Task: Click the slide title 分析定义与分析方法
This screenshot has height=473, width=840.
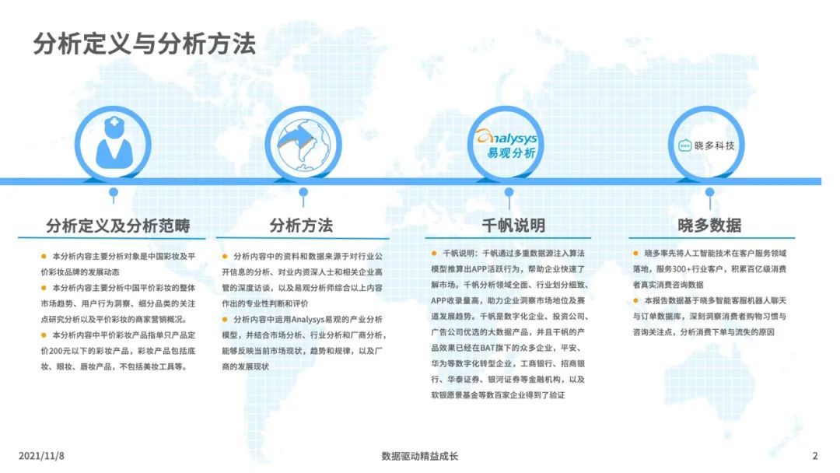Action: point(144,44)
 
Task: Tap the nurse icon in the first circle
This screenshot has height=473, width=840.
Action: point(114,142)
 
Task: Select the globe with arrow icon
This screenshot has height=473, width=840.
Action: point(303,145)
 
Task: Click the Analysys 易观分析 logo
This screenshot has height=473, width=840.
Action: point(506,145)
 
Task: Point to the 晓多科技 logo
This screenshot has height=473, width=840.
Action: point(706,145)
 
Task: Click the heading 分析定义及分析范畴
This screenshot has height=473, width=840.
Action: point(118,226)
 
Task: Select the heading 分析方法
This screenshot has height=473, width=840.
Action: point(301,226)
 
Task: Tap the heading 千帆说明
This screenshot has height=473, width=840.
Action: point(513,226)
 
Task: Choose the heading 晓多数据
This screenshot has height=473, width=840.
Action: point(709,226)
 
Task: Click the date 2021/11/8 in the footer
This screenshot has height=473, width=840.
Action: point(41,456)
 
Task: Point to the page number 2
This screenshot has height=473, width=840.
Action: point(815,456)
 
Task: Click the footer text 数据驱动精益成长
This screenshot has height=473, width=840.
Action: point(420,457)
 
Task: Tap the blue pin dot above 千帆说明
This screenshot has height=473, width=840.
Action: point(509,192)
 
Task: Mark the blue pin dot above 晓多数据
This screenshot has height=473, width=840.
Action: point(710,192)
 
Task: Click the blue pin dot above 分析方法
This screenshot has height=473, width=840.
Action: point(303,192)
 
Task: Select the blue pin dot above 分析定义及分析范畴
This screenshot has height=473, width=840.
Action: point(113,192)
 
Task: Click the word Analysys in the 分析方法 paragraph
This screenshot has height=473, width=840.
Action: point(308,320)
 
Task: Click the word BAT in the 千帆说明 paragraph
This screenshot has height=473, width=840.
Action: point(488,348)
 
